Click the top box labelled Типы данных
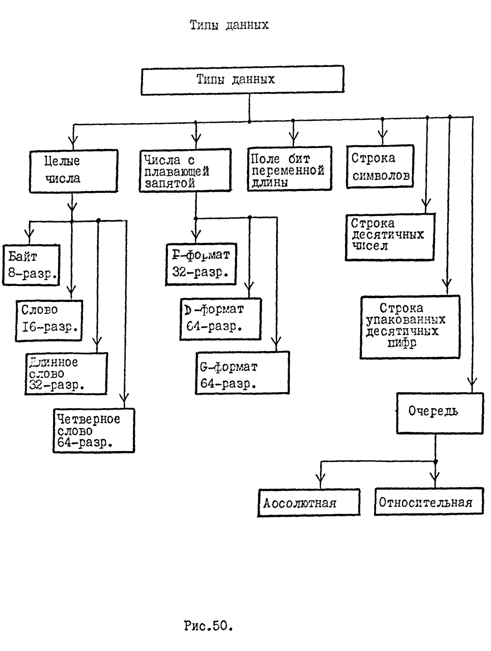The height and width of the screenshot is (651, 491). point(242,79)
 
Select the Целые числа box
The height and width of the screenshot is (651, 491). point(73,170)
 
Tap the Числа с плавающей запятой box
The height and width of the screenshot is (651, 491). point(186,170)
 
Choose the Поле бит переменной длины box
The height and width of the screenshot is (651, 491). point(289,169)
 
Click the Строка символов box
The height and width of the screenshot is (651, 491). point(380,167)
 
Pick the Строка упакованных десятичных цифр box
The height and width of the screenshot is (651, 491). point(410,327)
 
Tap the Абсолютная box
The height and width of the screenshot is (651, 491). point(309,503)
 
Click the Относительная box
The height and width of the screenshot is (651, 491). point(429,502)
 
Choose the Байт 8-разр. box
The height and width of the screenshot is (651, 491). point(31,265)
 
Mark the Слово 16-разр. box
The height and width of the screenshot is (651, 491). point(49,320)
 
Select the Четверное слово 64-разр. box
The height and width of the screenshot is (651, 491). point(94,431)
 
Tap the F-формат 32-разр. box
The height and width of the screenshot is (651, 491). point(201,264)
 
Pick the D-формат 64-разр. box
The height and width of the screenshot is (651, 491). point(220,319)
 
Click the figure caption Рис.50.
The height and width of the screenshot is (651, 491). point(208,626)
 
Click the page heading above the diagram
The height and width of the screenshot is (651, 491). point(229,25)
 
